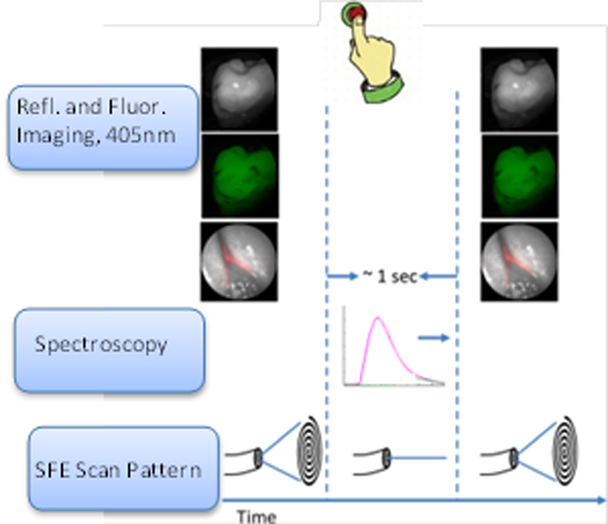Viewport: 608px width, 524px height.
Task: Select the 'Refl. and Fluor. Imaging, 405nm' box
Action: tap(102, 128)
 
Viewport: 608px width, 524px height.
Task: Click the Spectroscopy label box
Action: tap(109, 349)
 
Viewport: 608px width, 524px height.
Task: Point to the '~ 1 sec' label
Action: tap(390, 276)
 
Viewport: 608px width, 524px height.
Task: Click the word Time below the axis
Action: tap(257, 516)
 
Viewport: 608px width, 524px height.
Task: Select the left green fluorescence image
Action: tap(239, 176)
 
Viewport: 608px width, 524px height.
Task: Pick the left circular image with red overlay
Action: tap(239, 261)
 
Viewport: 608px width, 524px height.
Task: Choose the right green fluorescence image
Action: tap(519, 176)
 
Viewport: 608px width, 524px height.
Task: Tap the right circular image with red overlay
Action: tap(519, 261)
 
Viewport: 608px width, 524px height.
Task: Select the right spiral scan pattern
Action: tap(564, 454)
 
